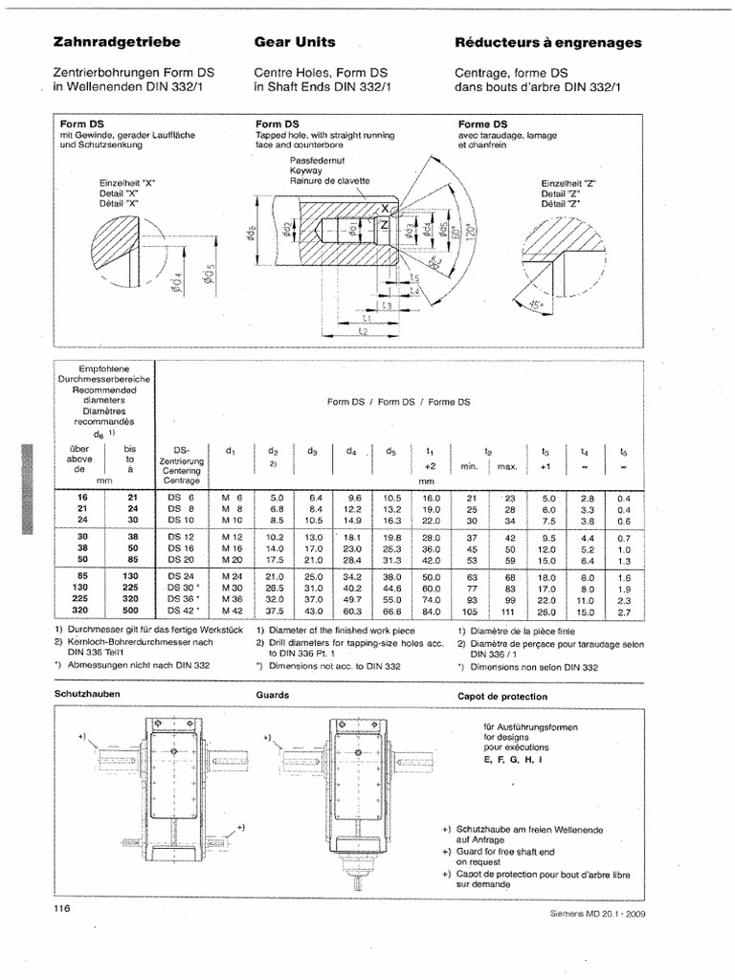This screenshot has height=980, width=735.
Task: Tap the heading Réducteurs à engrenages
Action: pos(548,43)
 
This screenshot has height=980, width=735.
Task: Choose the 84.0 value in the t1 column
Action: pos(431,610)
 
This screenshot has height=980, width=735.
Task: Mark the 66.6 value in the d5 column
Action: pos(391,610)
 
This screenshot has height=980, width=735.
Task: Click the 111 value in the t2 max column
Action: pos(509,610)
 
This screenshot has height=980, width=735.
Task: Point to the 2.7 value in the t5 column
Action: pos(624,610)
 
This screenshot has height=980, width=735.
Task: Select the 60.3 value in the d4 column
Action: pos(352,610)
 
